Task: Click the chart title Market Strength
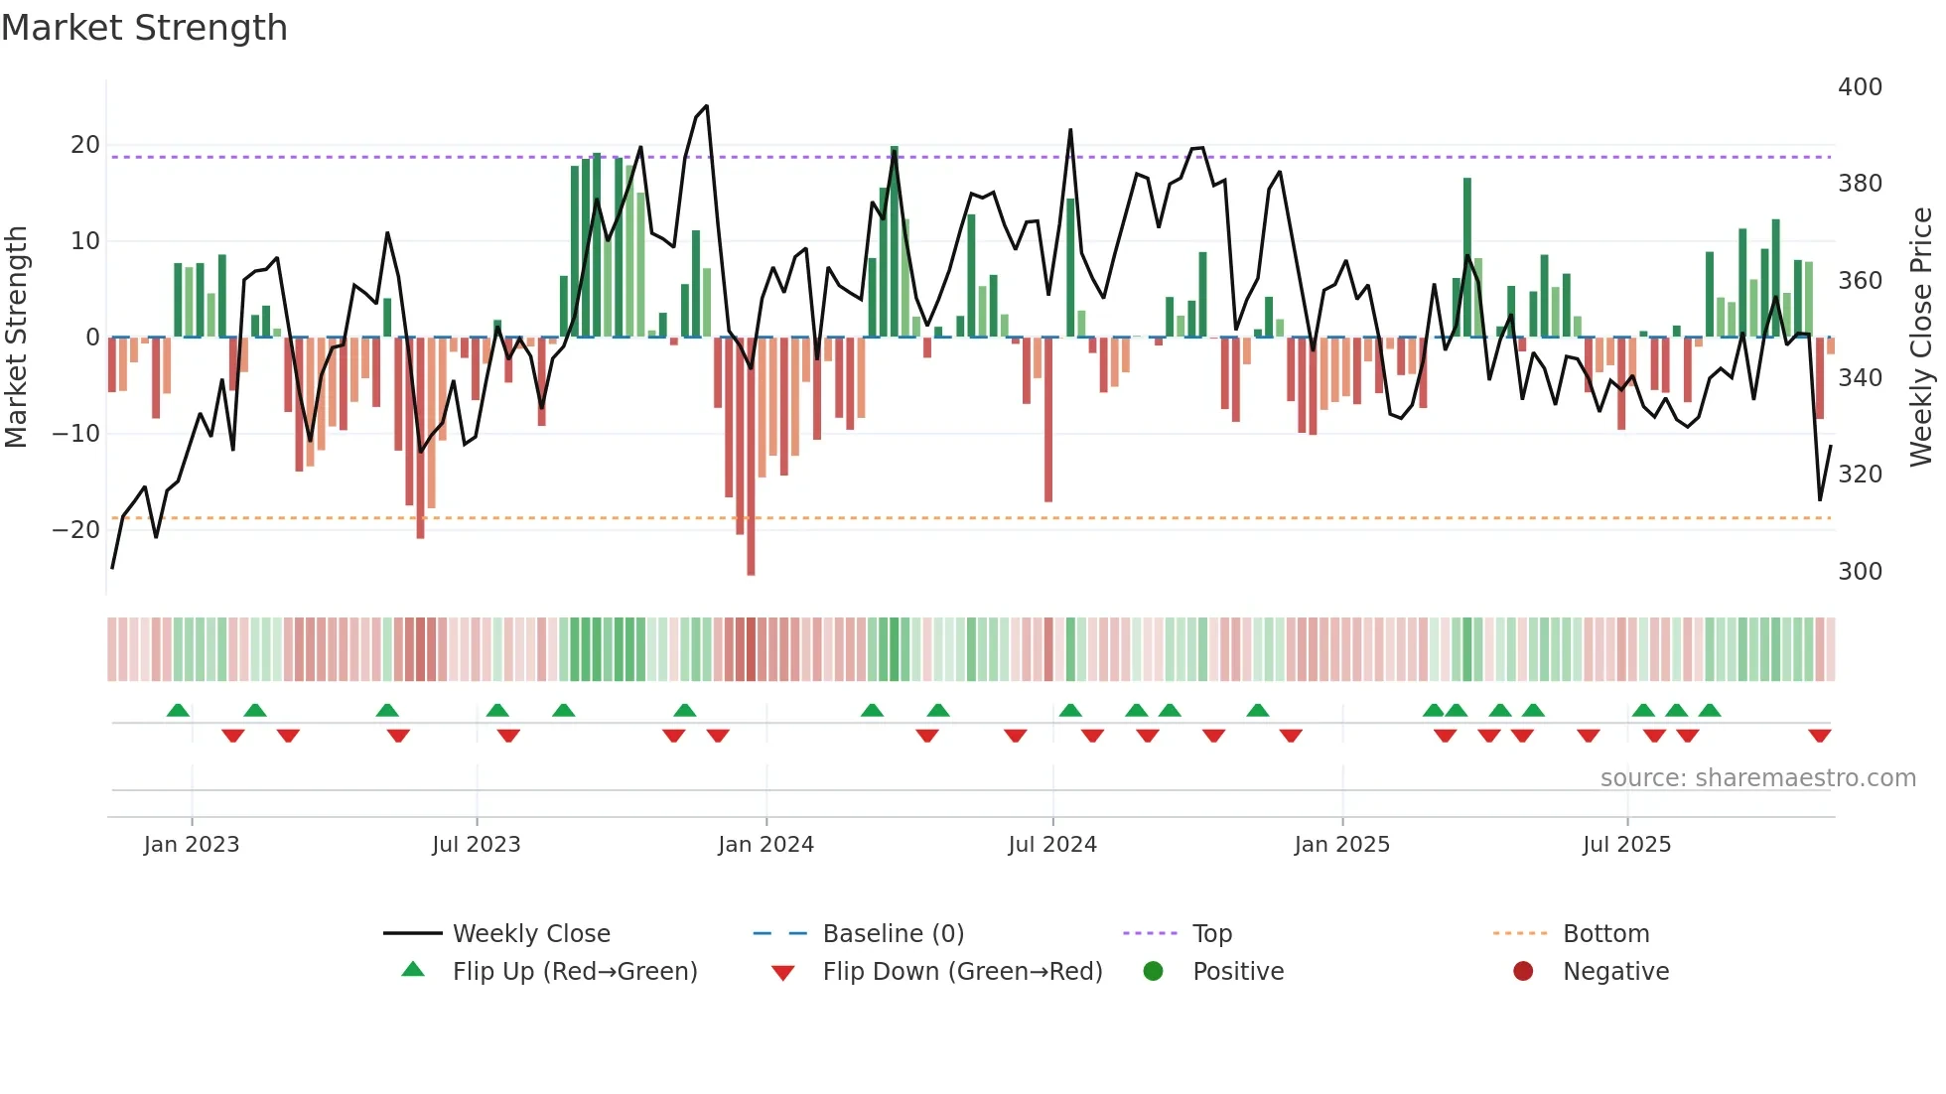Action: pyautogui.click(x=144, y=28)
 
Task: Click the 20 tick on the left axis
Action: pyautogui.click(x=85, y=145)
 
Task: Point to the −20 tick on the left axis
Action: pyautogui.click(x=76, y=530)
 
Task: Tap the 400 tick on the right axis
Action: pyautogui.click(x=1860, y=87)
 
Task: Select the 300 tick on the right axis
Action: pyautogui.click(x=1860, y=572)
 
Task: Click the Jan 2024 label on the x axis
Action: pyautogui.click(x=765, y=845)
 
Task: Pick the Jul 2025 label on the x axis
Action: pyautogui.click(x=1626, y=845)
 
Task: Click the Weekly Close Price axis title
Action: pyautogui.click(x=1921, y=338)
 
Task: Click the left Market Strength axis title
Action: pyautogui.click(x=16, y=338)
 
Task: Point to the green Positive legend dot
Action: pyautogui.click(x=1153, y=972)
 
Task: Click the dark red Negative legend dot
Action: pyautogui.click(x=1523, y=972)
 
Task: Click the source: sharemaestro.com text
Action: pyautogui.click(x=1757, y=778)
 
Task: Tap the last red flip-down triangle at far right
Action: pyautogui.click(x=1819, y=736)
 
